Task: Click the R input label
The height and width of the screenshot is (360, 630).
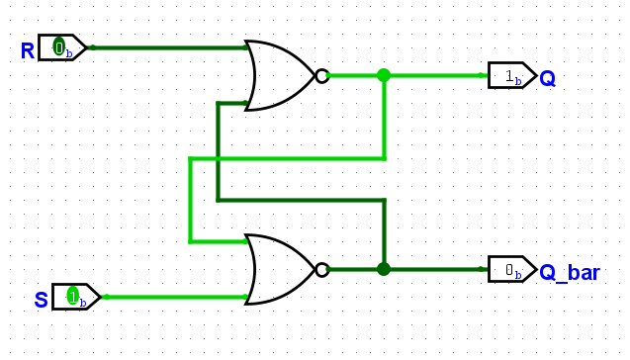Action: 28,51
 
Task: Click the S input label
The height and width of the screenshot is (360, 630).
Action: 42,300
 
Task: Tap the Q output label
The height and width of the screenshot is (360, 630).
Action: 547,78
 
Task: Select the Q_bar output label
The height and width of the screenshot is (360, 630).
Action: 570,273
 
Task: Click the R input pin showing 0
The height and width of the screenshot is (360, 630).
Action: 62,47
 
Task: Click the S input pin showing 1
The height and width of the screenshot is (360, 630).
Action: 76,297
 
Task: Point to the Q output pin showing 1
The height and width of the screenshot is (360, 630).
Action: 512,75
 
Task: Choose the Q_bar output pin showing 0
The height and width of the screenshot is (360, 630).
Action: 512,269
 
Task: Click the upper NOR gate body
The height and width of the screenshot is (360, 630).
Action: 280,75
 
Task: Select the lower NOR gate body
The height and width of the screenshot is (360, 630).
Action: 280,270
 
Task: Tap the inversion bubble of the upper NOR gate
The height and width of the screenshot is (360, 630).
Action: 322,75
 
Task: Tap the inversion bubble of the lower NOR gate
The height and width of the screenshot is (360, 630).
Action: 322,270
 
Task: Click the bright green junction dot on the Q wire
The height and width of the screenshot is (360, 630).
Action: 384,75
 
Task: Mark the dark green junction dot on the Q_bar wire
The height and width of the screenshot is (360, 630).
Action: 384,269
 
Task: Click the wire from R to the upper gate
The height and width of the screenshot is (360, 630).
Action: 169,47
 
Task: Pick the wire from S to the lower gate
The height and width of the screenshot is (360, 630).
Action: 176,297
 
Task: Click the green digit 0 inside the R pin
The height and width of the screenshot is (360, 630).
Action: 59,47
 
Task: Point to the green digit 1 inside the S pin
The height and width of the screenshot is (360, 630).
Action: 73,297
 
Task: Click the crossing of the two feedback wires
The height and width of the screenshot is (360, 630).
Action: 218,159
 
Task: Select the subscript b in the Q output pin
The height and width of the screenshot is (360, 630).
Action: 518,81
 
